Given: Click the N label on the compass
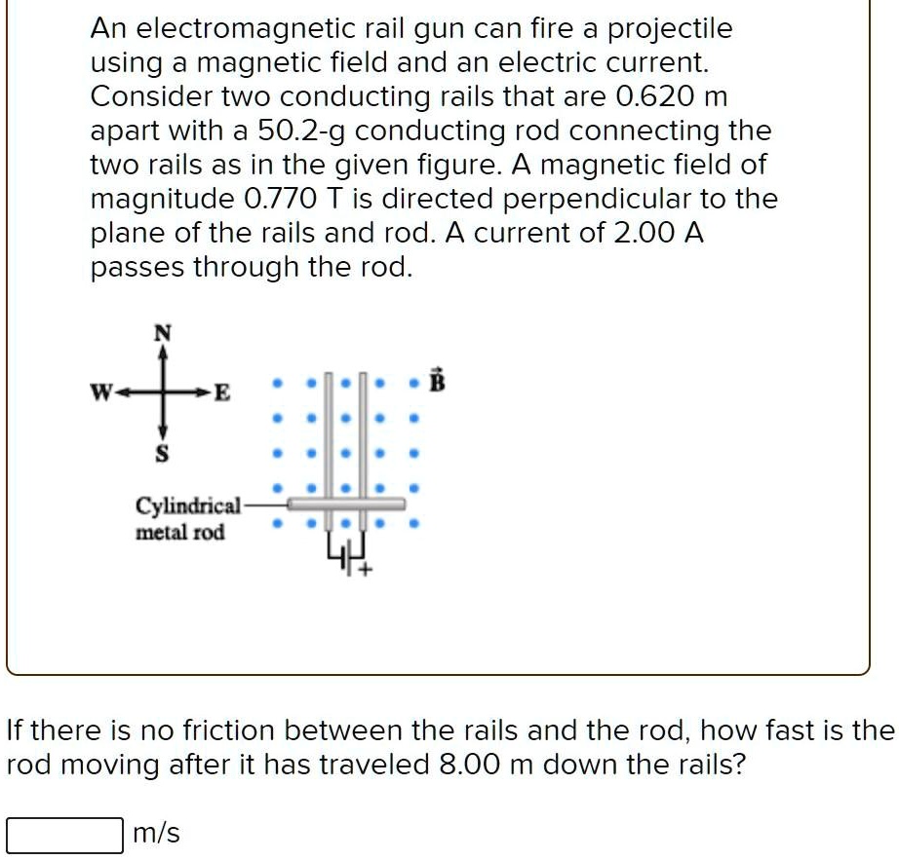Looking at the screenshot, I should [x=163, y=333].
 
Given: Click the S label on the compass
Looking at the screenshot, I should [x=163, y=455].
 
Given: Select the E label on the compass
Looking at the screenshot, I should [x=222, y=394].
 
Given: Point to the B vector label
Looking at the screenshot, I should [x=437, y=381].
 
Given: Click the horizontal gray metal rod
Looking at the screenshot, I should [x=346, y=504].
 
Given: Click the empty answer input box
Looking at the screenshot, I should [x=64, y=835].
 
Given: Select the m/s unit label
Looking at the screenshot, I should [x=155, y=835].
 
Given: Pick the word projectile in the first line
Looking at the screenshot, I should [x=671, y=29].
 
